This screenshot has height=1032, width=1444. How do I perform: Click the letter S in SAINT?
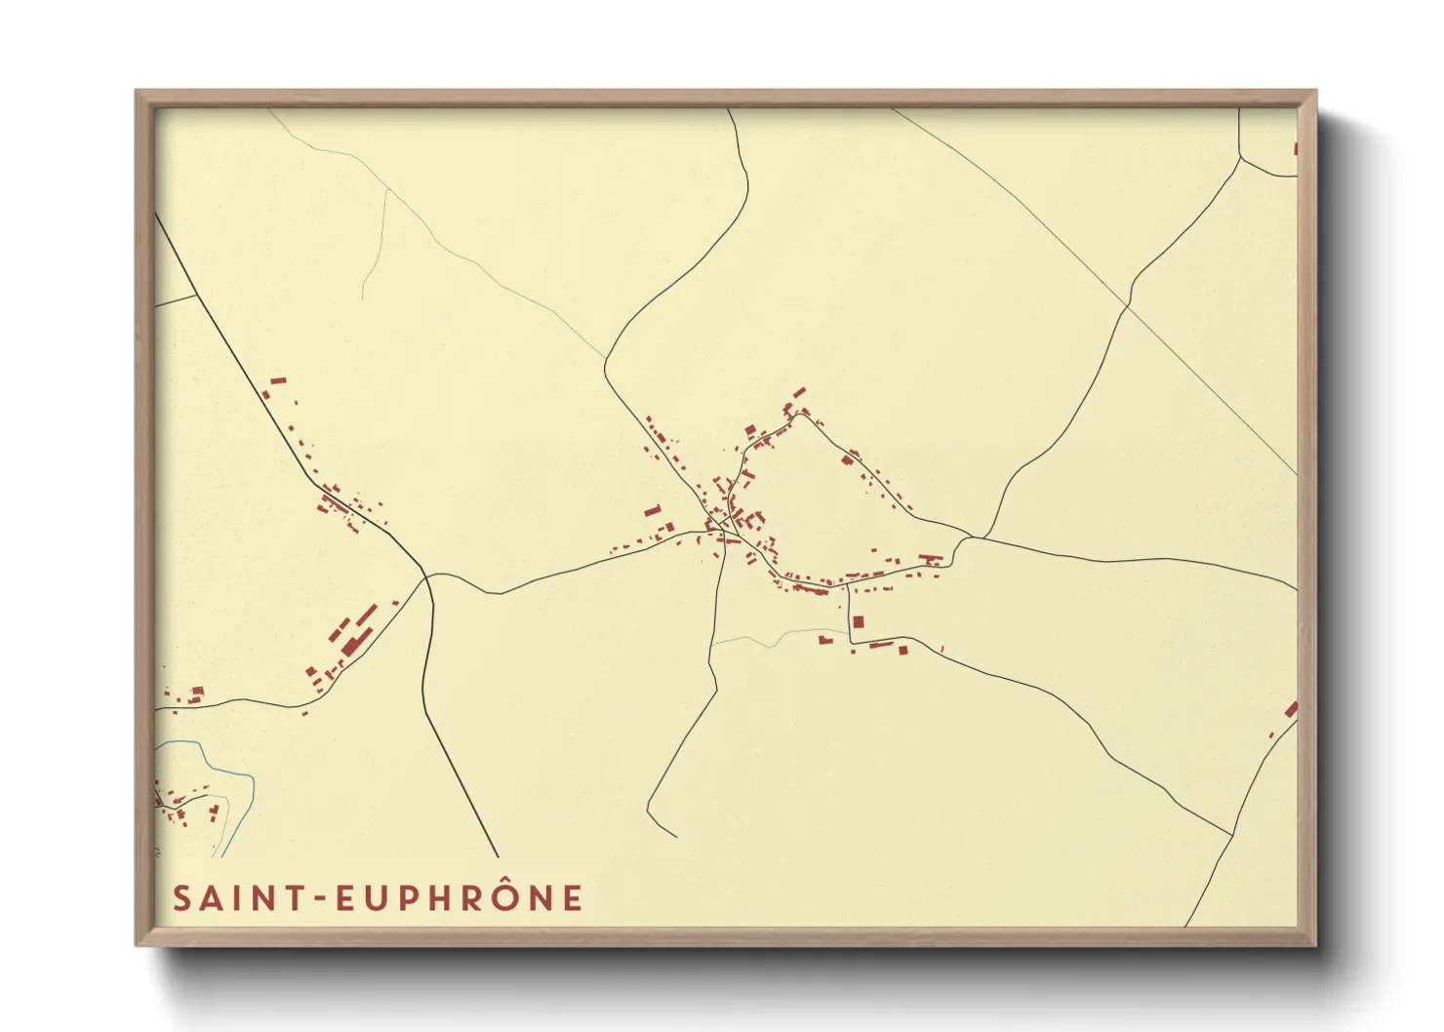click(180, 898)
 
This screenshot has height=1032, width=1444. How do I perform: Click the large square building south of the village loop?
click(859, 621)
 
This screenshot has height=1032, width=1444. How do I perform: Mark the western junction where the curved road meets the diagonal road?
click(427, 576)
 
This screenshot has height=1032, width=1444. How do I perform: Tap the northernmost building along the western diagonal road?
click(278, 380)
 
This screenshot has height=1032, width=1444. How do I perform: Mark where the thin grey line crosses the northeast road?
click(1128, 306)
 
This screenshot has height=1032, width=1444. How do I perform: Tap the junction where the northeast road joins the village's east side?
click(972, 536)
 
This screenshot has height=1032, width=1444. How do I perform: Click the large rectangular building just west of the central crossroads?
click(652, 510)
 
